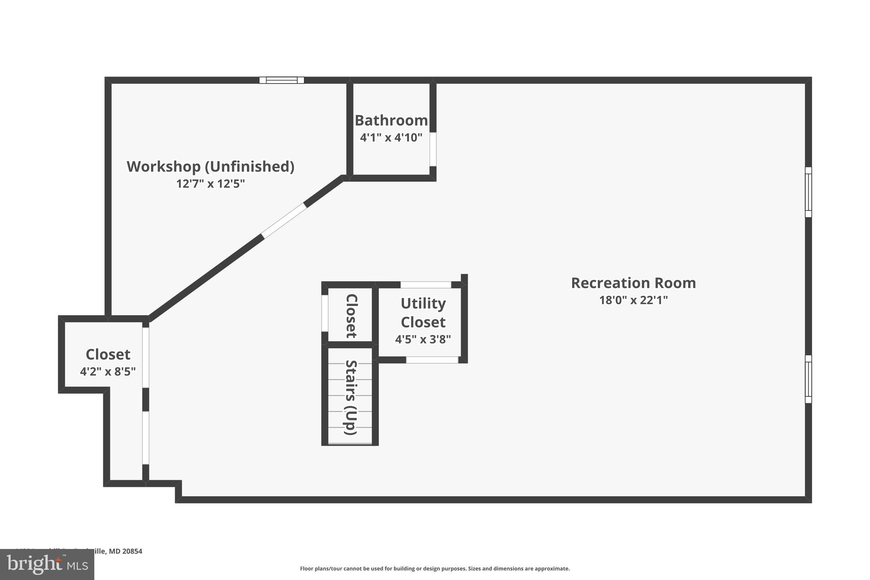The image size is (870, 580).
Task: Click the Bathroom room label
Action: [x=391, y=121]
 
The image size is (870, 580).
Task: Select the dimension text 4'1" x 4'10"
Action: [x=391, y=138]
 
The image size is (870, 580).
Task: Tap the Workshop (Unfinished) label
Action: [x=210, y=167]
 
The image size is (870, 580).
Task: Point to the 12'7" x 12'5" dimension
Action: [x=210, y=184]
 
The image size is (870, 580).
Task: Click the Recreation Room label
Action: [x=633, y=283]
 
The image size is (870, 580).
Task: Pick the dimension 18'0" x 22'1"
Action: [x=633, y=300]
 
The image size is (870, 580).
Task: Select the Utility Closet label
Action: [x=423, y=313]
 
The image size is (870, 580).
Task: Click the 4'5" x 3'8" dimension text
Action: [x=423, y=340]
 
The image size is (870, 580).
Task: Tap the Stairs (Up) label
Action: [x=351, y=397]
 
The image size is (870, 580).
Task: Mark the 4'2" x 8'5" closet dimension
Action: [x=107, y=372]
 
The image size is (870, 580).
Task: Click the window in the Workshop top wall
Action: [x=282, y=80]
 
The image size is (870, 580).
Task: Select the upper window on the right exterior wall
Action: [x=808, y=192]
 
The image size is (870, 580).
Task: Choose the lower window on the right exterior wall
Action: [x=808, y=379]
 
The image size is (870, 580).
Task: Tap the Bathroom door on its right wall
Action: [x=433, y=149]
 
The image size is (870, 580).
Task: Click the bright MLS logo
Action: [x=47, y=564]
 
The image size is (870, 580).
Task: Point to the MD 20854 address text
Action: [x=126, y=551]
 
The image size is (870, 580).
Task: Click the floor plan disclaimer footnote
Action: [x=435, y=569]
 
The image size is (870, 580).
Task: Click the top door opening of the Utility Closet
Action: [x=426, y=285]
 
